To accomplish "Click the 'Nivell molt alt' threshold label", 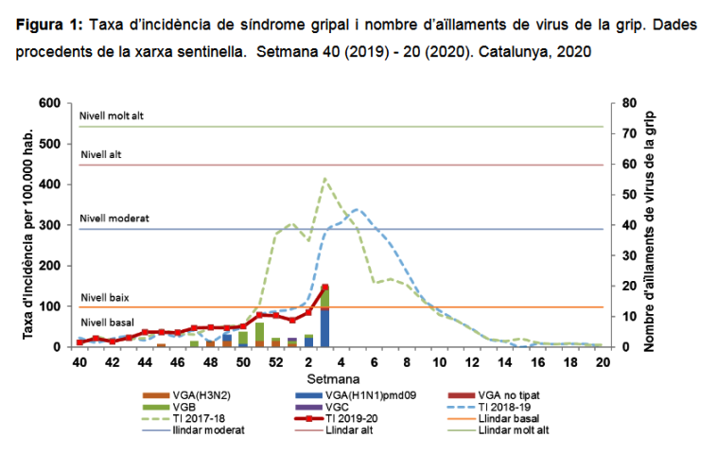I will [x=112, y=116].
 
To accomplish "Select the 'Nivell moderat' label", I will [x=114, y=218].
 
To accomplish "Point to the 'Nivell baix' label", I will [x=105, y=297].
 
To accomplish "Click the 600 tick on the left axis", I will [x=49, y=102].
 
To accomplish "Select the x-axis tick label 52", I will [x=276, y=362].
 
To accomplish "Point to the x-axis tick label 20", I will [x=601, y=362].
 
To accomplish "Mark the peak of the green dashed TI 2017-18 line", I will [x=324, y=178].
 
